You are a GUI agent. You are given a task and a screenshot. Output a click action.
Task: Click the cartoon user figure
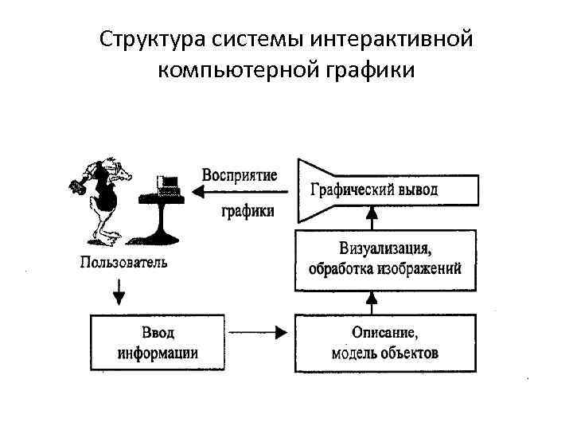click(99, 199)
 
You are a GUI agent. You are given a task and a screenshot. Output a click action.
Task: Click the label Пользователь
click(123, 261)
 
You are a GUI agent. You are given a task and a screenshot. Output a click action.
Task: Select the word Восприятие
click(240, 175)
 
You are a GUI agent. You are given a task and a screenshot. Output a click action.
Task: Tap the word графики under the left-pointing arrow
click(248, 211)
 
